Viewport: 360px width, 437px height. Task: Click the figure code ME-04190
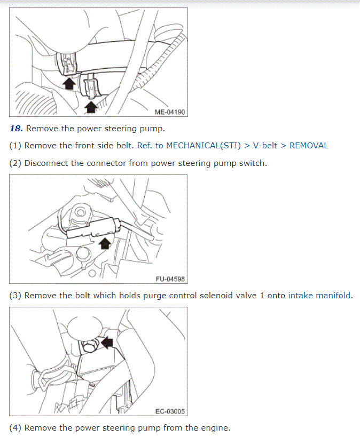coord(169,112)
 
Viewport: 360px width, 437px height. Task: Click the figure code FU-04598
coord(170,279)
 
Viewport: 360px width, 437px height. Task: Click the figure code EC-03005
coord(170,411)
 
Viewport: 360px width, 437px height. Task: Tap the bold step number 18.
coord(16,129)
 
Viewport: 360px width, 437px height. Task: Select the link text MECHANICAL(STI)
coord(202,145)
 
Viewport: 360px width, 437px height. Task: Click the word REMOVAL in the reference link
coord(309,145)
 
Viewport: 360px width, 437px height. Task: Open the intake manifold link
coord(319,295)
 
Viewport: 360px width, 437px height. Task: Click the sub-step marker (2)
coord(15,163)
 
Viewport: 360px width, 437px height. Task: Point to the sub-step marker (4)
coord(15,427)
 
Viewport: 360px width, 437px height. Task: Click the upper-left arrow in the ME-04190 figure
coord(68,84)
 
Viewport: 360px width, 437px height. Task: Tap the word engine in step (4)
coord(216,427)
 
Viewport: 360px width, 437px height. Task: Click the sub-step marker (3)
coord(15,295)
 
